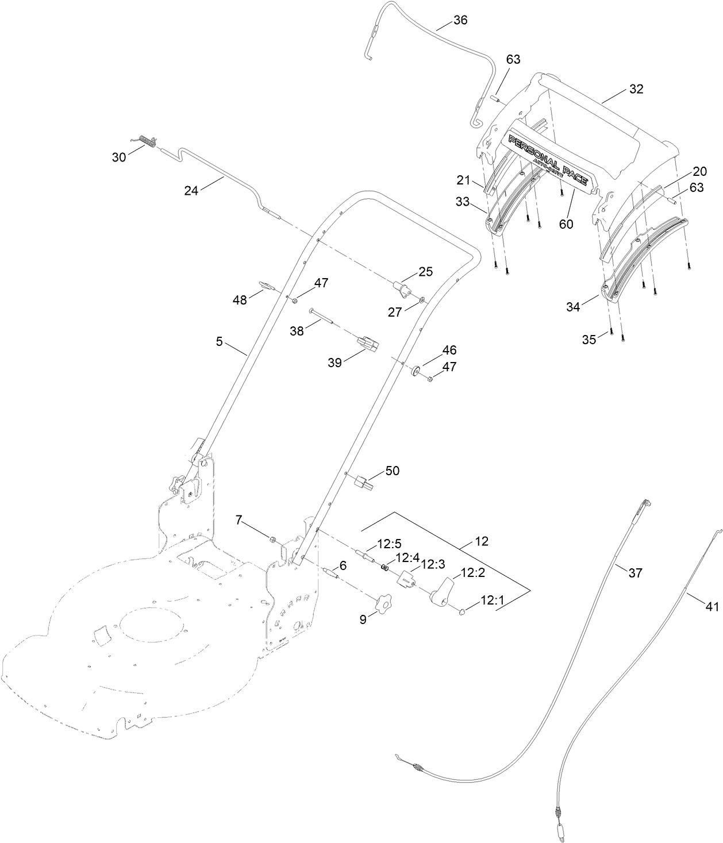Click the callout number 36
click(x=460, y=20)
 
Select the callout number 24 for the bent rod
click(x=191, y=190)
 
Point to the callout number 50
click(x=393, y=471)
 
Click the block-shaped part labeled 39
click(x=368, y=344)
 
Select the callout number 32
click(x=636, y=89)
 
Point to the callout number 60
click(x=566, y=224)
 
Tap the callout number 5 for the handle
click(x=219, y=341)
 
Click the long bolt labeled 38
click(x=322, y=315)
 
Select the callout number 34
click(x=572, y=307)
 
